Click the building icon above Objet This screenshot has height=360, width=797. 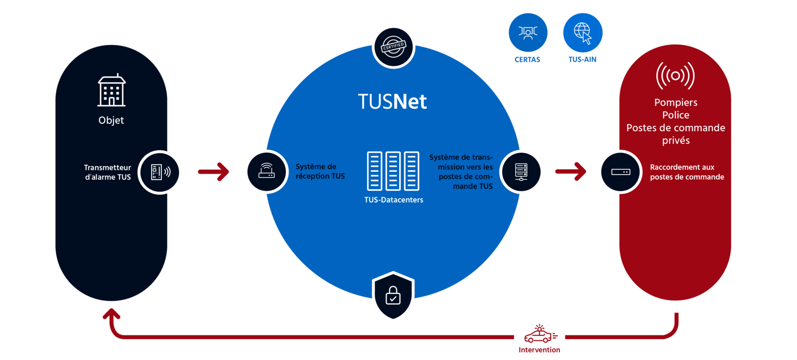point(111,91)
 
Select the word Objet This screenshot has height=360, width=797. point(111,120)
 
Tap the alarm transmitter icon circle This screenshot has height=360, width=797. point(160,172)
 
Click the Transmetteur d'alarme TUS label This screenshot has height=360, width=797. point(108,172)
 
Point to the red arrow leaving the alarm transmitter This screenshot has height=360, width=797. point(213,172)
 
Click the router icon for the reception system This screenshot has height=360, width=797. point(266,172)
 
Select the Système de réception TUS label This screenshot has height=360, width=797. point(320,171)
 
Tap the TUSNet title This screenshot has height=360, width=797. point(393,102)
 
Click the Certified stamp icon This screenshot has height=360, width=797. point(394,47)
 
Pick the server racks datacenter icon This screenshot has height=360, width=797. point(393,171)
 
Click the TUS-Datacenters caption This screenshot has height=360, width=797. point(394,200)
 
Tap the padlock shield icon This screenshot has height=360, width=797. point(393,296)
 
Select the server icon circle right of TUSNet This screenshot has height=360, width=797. point(521,172)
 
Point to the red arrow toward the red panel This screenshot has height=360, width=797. point(571,172)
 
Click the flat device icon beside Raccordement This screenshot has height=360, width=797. point(620,172)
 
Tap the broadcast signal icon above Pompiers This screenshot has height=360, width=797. point(675,76)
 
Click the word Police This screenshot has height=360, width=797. point(675,115)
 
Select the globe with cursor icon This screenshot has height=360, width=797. point(582,33)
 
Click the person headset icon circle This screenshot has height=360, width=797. point(528,33)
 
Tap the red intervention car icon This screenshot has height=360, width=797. point(540,335)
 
